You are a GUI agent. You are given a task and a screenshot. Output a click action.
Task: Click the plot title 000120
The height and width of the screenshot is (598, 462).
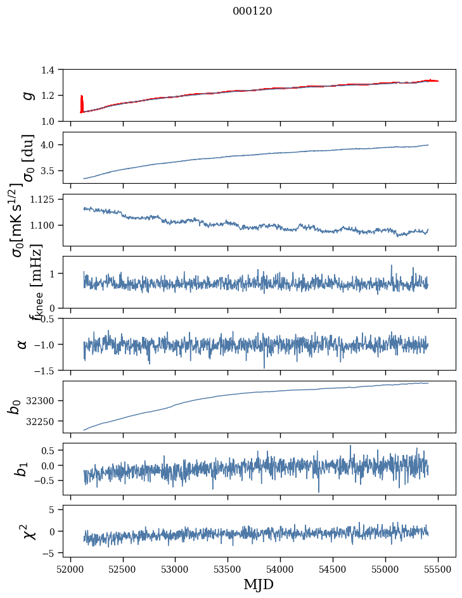pyautogui.click(x=252, y=11)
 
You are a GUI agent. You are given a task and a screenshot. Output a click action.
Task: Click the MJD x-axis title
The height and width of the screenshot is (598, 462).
pyautogui.click(x=259, y=585)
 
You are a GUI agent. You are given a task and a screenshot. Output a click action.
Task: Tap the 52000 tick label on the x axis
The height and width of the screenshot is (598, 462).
pyautogui.click(x=70, y=568)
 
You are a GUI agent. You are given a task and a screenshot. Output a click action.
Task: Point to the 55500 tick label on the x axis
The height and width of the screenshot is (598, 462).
pyautogui.click(x=439, y=568)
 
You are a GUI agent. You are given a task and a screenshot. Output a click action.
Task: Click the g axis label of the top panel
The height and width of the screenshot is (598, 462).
pyautogui.click(x=26, y=95)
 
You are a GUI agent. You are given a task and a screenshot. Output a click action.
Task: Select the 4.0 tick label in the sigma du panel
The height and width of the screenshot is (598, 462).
pyautogui.click(x=55, y=145)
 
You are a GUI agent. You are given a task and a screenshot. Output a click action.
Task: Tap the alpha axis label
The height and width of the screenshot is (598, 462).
pyautogui.click(x=22, y=343)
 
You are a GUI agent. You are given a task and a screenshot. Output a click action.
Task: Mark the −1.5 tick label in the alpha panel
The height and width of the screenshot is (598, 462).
pyautogui.click(x=50, y=370)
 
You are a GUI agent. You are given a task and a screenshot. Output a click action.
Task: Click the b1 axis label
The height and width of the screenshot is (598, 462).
pyautogui.click(x=22, y=469)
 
